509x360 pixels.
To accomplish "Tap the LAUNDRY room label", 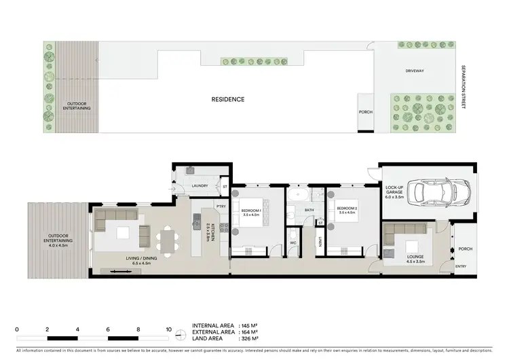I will point(200,185).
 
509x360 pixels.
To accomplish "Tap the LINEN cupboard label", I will point(320,241).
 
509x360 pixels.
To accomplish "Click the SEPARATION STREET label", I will point(464,88).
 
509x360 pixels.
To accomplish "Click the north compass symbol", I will point(180,334).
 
